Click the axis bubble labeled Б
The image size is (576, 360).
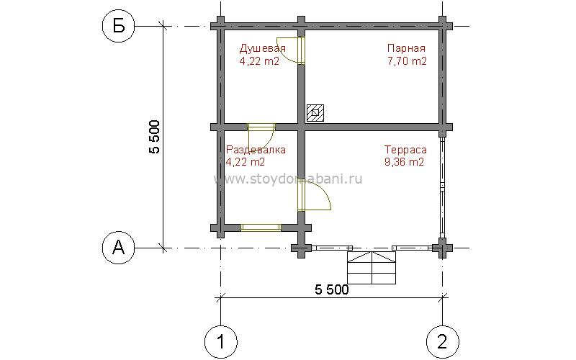point(119,27)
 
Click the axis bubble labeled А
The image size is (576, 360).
point(118,248)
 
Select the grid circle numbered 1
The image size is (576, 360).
point(221,341)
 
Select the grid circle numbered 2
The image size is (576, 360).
point(443,341)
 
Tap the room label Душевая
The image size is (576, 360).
point(262,48)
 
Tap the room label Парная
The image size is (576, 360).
point(406,48)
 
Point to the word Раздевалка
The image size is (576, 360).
point(256,150)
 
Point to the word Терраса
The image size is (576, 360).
point(405,150)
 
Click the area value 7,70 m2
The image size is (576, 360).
point(407,61)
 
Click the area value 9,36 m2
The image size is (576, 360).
point(404,162)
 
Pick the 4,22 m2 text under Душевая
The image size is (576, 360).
point(259,61)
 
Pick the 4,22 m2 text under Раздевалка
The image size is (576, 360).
point(246,162)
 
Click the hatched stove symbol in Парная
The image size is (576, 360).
point(315,112)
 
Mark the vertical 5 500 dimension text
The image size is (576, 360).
point(155,137)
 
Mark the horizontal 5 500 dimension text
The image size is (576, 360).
point(332,290)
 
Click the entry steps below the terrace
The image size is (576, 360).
point(372,268)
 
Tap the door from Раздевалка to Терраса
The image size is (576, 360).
point(315,195)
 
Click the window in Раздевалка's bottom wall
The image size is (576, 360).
point(261,228)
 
